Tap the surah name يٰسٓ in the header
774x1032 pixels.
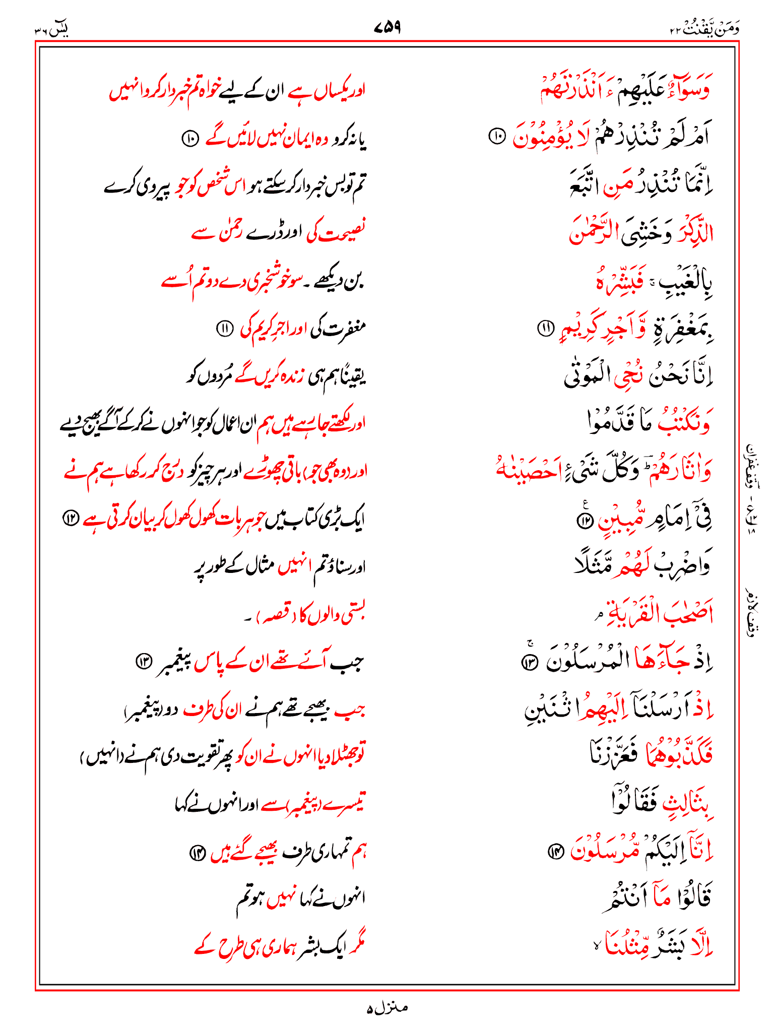tap(56, 29)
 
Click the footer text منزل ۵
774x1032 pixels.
tap(387, 1007)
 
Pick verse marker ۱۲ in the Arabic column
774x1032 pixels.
tap(584, 521)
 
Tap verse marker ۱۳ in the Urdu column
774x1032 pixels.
tap(144, 661)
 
